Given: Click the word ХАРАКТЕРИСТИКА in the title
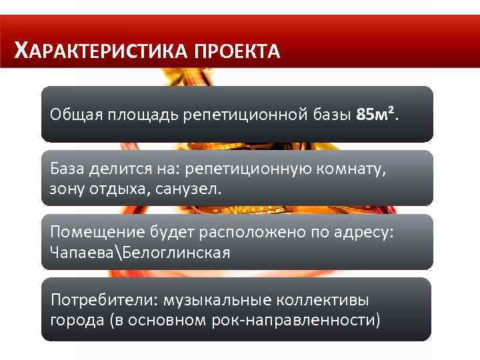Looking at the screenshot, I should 102,51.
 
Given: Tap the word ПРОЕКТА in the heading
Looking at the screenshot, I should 238,51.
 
